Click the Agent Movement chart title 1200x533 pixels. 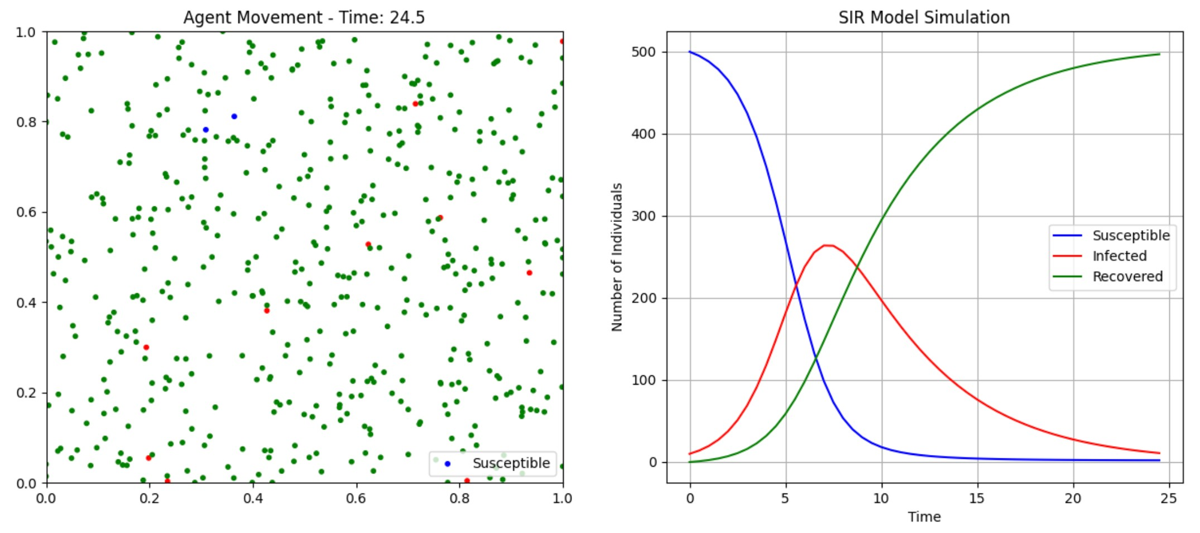click(x=304, y=17)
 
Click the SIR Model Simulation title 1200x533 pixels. click(x=924, y=17)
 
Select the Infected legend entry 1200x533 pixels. click(x=1119, y=256)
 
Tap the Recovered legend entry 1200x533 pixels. click(x=1127, y=276)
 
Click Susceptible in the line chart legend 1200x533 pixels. click(x=1130, y=236)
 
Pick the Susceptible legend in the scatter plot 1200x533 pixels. click(x=511, y=463)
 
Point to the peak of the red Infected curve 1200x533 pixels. click(x=827, y=245)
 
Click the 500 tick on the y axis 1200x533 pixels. click(x=644, y=52)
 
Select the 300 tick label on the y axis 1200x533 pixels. click(x=644, y=216)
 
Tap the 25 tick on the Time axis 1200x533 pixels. click(x=1168, y=498)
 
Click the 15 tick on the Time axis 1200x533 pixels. click(x=977, y=498)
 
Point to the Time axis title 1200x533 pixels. click(x=924, y=517)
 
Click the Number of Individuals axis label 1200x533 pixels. click(x=617, y=257)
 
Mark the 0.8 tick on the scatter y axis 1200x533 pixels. click(x=26, y=122)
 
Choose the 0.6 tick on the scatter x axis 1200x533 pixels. click(x=356, y=498)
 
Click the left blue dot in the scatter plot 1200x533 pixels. click(x=206, y=130)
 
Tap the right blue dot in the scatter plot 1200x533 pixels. click(x=234, y=116)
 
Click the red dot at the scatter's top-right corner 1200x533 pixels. click(x=562, y=41)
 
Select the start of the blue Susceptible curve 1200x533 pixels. click(x=690, y=52)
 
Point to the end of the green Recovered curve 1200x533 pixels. click(x=1159, y=55)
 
